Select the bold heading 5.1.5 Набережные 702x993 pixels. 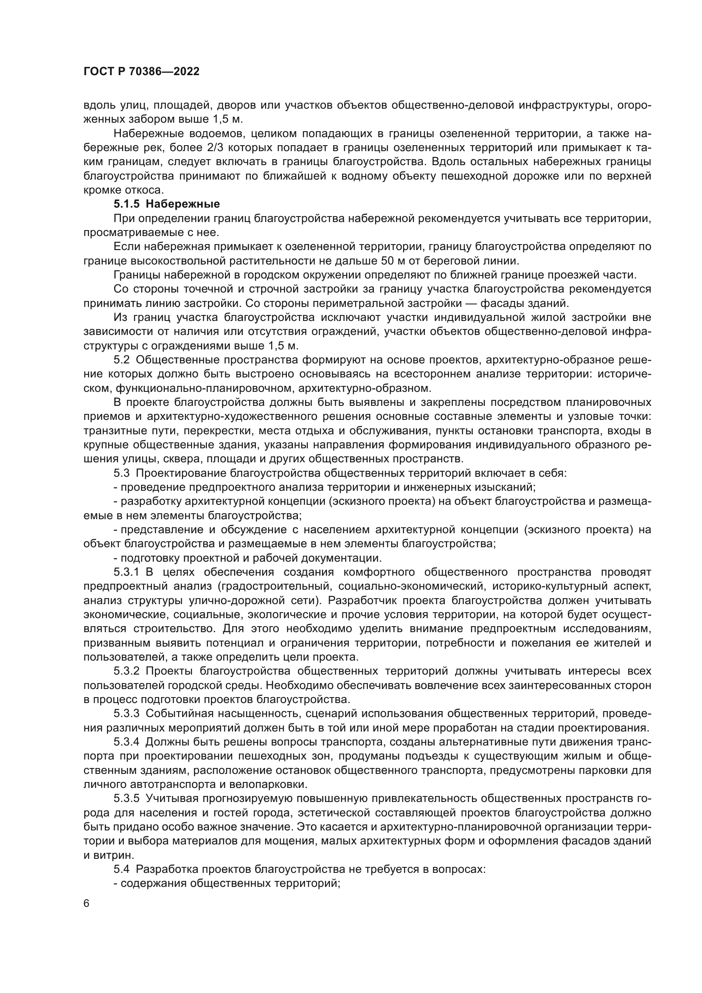pyautogui.click(x=166, y=204)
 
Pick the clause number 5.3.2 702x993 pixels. pyautogui.click(x=126, y=671)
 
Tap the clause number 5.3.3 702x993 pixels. pyautogui.click(x=126, y=714)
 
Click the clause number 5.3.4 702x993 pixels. pyautogui.click(x=126, y=742)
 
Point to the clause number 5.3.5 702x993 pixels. pyautogui.click(x=126, y=799)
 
